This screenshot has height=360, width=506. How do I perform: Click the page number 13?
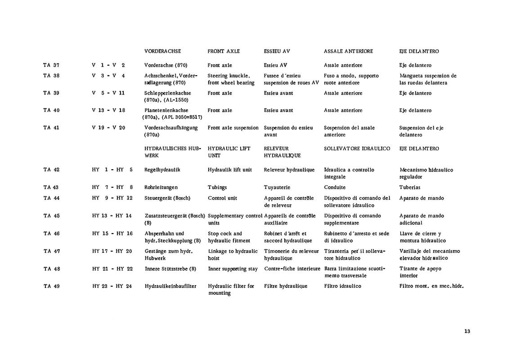pyautogui.click(x=467, y=332)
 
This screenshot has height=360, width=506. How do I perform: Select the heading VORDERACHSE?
pyautogui.click(x=162, y=51)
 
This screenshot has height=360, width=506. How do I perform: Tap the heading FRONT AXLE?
pyautogui.click(x=224, y=51)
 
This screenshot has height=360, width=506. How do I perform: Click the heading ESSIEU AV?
pyautogui.click(x=276, y=51)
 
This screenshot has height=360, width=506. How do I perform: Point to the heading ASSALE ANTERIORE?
pyautogui.click(x=348, y=51)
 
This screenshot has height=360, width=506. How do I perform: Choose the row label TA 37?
pyautogui.click(x=51, y=65)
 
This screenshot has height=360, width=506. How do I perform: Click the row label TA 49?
pyautogui.click(x=51, y=286)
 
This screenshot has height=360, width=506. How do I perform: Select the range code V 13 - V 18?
pyautogui.click(x=108, y=110)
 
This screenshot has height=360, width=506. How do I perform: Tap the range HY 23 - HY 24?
pyautogui.click(x=112, y=286)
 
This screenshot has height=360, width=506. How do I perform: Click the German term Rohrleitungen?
pyautogui.click(x=161, y=187)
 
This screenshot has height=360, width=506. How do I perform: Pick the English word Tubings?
pyautogui.click(x=217, y=187)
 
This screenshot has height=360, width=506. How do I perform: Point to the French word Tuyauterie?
pyautogui.click(x=277, y=187)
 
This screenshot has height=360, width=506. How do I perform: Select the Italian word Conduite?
pyautogui.click(x=335, y=187)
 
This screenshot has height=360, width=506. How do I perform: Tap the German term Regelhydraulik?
pyautogui.click(x=162, y=170)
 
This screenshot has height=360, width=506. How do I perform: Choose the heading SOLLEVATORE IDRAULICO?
pyautogui.click(x=357, y=148)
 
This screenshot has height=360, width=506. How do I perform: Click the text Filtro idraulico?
pyautogui.click(x=342, y=286)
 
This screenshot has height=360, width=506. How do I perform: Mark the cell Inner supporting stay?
pyautogui.click(x=233, y=269)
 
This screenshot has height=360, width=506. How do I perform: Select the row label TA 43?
pyautogui.click(x=51, y=187)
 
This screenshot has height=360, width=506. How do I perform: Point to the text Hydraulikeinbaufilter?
pyautogui.click(x=170, y=286)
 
